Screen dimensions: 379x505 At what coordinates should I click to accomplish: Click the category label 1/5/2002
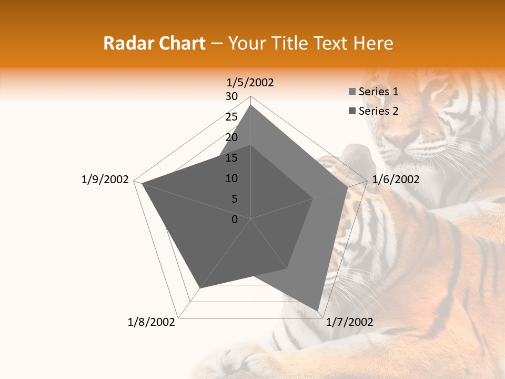pyautogui.click(x=250, y=82)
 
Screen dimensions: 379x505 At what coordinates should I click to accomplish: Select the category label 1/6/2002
pyautogui.click(x=396, y=179)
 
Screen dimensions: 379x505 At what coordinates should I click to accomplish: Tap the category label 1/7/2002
pyautogui.click(x=349, y=322)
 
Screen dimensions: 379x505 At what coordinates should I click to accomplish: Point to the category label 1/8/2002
pyautogui.click(x=151, y=322)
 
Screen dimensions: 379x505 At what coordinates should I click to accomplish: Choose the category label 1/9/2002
pyautogui.click(x=105, y=179)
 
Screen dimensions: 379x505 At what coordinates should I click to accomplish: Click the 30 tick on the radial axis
pyautogui.click(x=231, y=96)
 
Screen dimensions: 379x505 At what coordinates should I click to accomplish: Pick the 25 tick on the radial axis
pyautogui.click(x=231, y=117)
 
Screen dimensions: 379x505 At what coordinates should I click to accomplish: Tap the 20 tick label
pyautogui.click(x=231, y=137)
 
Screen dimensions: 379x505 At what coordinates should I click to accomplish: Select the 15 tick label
pyautogui.click(x=231, y=158)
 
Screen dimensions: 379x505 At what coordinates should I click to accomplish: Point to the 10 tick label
pyautogui.click(x=231, y=178)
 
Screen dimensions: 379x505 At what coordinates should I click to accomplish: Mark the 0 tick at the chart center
pyautogui.click(x=235, y=220)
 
